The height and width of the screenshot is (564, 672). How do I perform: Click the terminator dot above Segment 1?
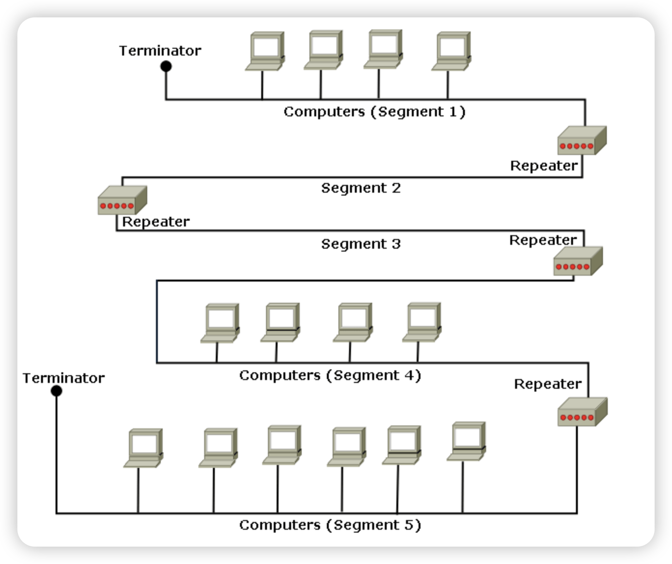(x=166, y=66)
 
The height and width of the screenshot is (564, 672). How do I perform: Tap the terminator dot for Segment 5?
(x=56, y=391)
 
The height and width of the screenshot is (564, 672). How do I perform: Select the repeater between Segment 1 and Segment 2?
(x=582, y=141)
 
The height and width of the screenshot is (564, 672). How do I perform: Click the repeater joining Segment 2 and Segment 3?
(x=122, y=200)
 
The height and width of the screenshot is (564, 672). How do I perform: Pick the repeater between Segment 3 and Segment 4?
(x=578, y=261)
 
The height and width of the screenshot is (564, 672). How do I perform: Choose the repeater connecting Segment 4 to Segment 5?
(x=582, y=412)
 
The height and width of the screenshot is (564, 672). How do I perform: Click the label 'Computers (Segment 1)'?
(x=374, y=112)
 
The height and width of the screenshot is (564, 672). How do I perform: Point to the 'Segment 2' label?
(x=361, y=188)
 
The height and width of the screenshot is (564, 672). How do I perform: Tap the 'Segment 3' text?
(x=361, y=244)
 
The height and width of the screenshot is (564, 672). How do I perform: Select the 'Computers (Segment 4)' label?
(x=330, y=375)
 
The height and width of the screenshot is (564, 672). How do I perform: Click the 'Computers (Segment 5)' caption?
(x=330, y=525)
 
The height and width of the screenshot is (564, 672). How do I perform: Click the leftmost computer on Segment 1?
(x=265, y=51)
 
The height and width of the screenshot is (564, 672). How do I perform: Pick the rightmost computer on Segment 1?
(x=451, y=51)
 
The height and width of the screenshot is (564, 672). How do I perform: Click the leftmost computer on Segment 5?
(x=143, y=448)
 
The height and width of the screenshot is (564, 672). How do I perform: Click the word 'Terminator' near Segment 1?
(x=160, y=51)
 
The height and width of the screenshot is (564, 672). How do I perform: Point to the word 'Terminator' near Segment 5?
(x=63, y=378)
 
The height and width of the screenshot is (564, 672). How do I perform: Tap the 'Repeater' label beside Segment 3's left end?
(x=155, y=222)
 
